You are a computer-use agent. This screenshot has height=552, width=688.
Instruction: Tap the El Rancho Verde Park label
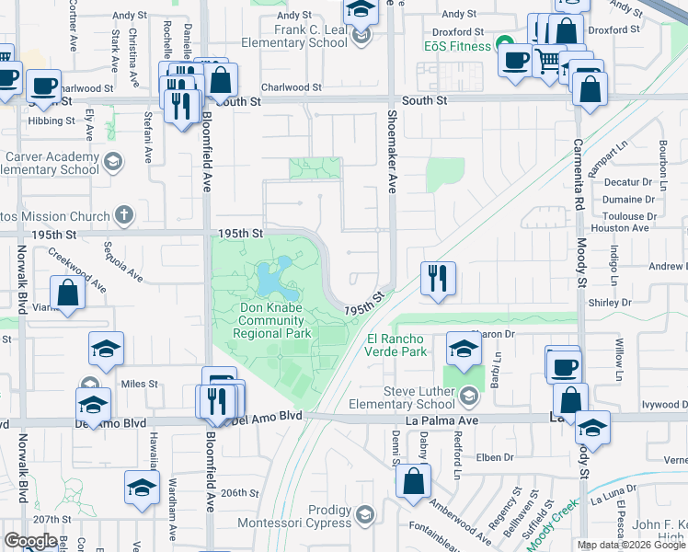(x=397, y=344)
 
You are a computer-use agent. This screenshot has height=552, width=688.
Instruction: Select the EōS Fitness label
(x=456, y=43)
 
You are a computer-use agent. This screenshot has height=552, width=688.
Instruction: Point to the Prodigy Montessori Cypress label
(x=315, y=517)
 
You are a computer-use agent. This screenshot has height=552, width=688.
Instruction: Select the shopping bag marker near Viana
(x=69, y=293)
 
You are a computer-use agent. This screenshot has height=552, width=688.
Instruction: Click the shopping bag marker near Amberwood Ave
(x=415, y=479)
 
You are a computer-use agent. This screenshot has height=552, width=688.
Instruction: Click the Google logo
(x=30, y=541)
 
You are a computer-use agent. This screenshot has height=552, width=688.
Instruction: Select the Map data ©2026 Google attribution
(x=631, y=545)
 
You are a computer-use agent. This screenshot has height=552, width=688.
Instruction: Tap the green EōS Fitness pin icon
(x=504, y=43)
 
